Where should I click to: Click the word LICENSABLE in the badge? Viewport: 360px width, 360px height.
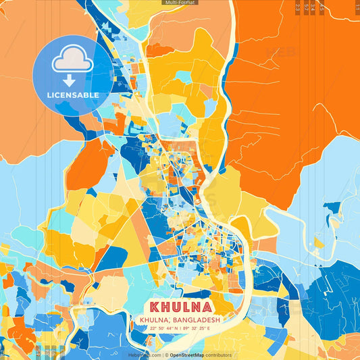[72, 95]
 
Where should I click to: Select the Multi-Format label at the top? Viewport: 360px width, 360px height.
[180, 3]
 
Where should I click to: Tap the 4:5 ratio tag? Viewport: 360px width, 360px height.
[322, 7]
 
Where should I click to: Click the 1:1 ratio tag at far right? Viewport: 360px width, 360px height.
[357, 7]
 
